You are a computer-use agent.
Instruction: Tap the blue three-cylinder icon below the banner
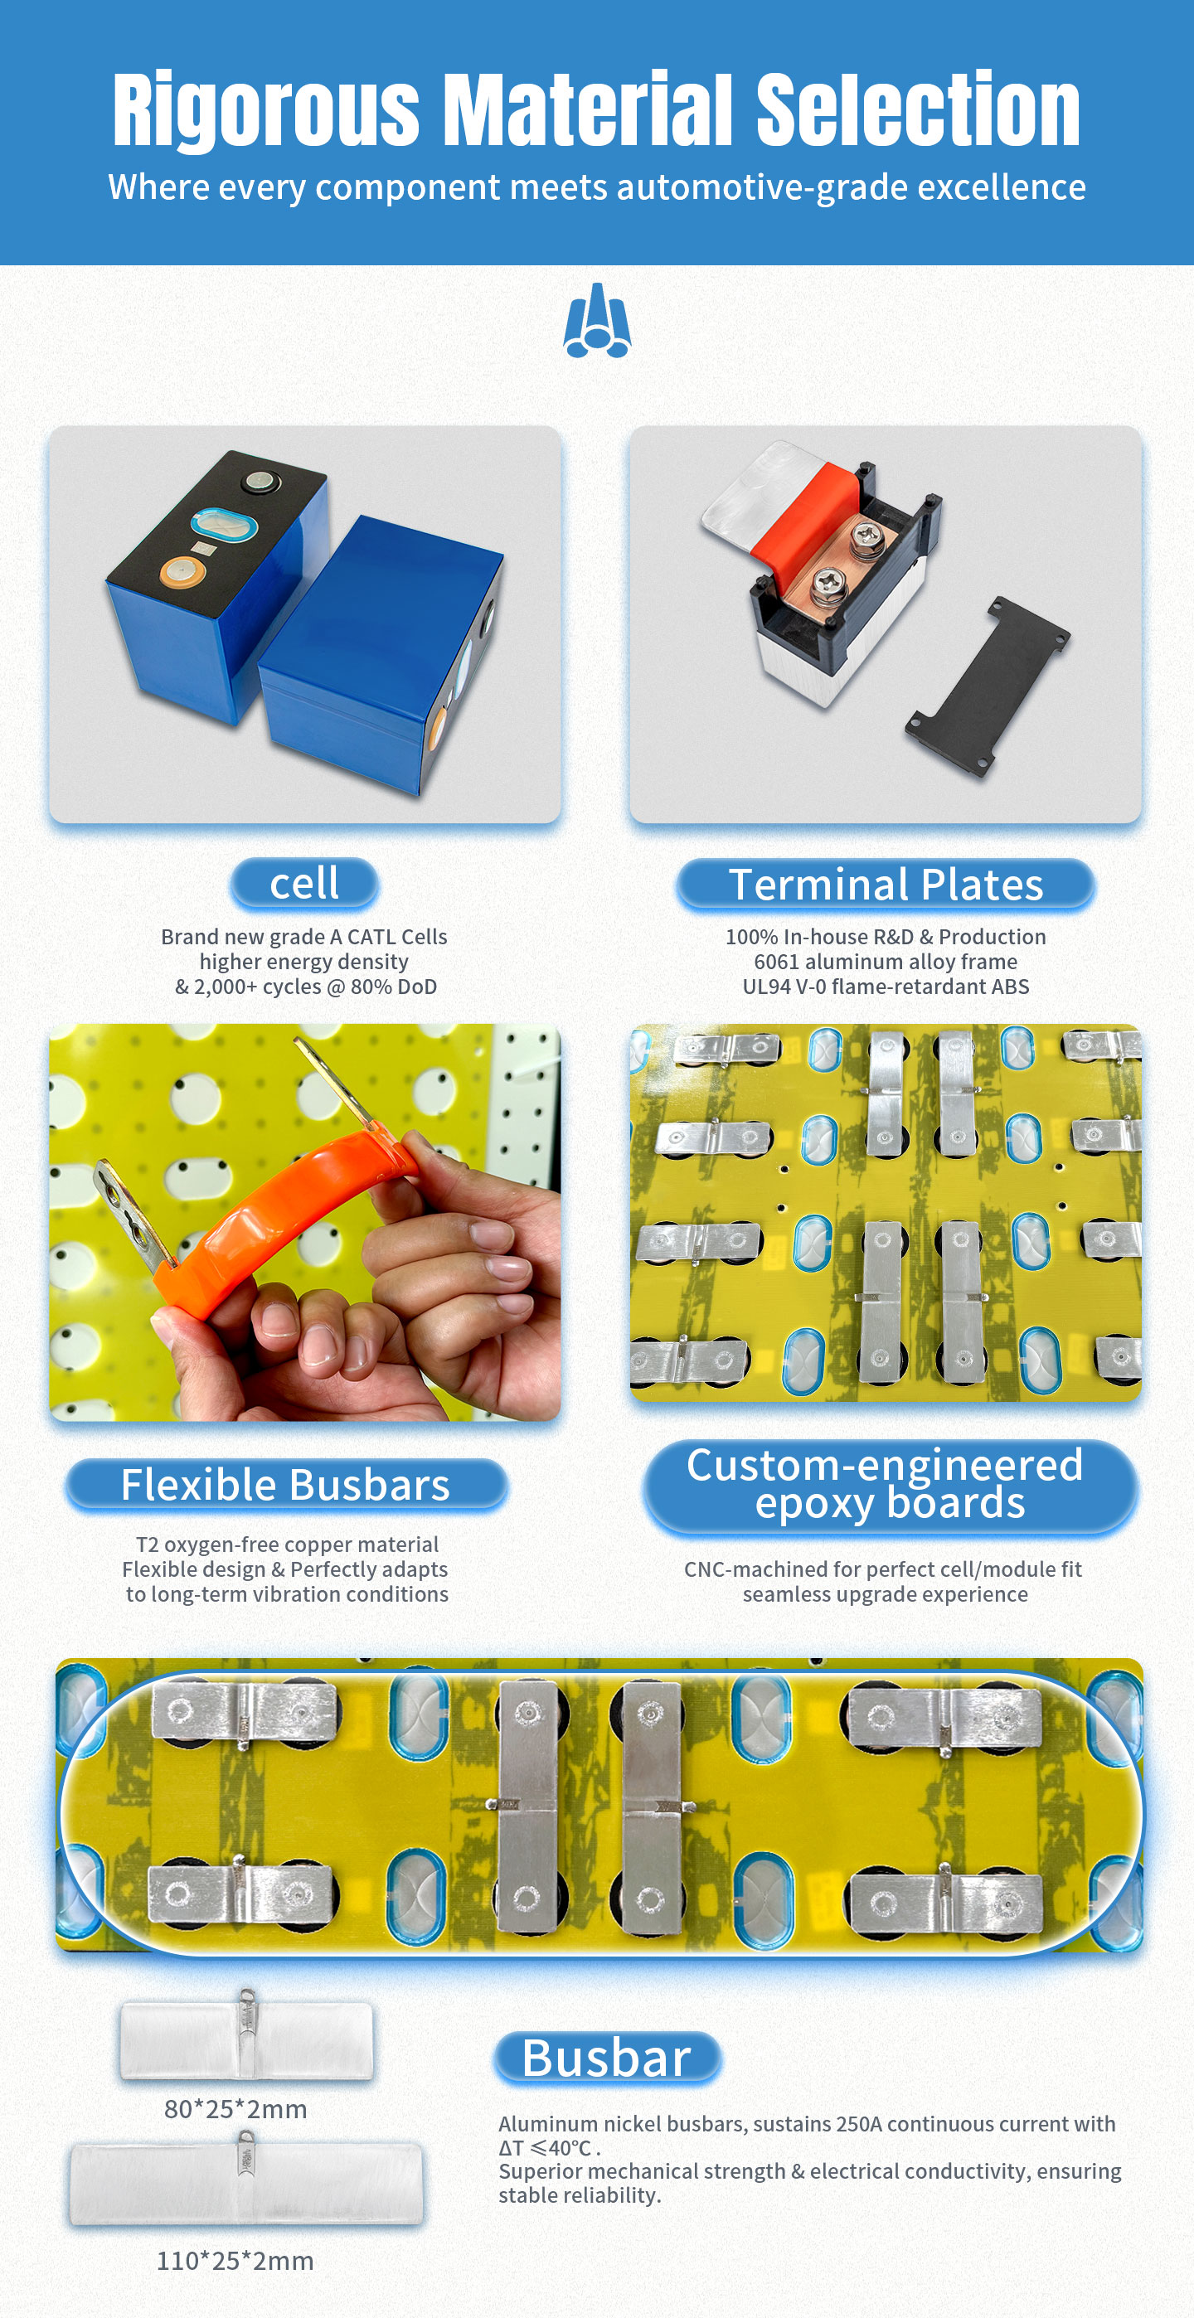click(596, 320)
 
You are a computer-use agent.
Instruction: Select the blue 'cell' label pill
click(304, 884)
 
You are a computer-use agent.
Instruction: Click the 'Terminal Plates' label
click(886, 885)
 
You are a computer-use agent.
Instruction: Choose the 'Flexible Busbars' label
click(285, 1485)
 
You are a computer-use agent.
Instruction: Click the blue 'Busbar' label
click(607, 2058)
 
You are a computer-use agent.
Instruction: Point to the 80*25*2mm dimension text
click(235, 2109)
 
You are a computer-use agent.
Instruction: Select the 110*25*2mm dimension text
click(235, 2262)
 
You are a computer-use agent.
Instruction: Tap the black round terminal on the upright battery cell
click(261, 483)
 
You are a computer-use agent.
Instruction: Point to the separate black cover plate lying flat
click(988, 688)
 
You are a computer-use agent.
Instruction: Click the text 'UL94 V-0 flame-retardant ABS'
click(886, 987)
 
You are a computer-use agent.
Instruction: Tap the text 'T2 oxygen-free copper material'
click(287, 1545)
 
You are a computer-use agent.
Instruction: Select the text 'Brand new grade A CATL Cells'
click(304, 937)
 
